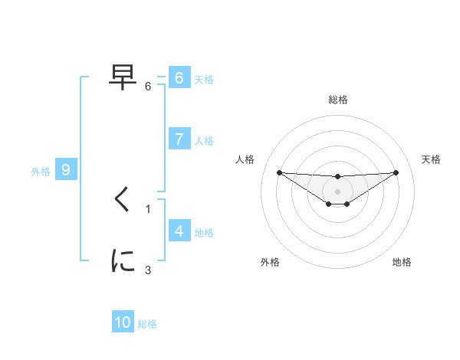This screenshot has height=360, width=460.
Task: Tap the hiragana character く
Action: coord(123,200)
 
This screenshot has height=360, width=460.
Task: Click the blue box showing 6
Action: coord(179,78)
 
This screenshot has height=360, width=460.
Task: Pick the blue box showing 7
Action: coord(179,139)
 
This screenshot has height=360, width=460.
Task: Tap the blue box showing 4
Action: coord(179,231)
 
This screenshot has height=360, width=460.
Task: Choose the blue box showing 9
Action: coord(66,170)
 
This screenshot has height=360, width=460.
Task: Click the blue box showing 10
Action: coord(123,322)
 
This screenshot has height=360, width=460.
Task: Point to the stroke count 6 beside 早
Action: coord(148,87)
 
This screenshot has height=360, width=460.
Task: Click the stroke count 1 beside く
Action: coord(148,208)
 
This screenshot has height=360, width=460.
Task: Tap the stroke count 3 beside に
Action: coord(148,270)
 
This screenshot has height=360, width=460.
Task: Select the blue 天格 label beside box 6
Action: coord(204,79)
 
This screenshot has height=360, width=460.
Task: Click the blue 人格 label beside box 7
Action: coord(204,140)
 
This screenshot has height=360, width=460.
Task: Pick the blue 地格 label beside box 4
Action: coord(204,232)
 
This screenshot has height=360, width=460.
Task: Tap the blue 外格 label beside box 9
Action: coord(41,172)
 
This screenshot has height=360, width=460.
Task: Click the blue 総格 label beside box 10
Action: coord(147,324)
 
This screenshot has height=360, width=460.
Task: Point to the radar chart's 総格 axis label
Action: coord(337,100)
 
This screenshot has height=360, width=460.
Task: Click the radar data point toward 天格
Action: coord(396,172)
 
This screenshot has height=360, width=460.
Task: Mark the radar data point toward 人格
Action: coord(279,172)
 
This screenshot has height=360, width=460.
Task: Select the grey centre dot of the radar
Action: coord(337,191)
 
